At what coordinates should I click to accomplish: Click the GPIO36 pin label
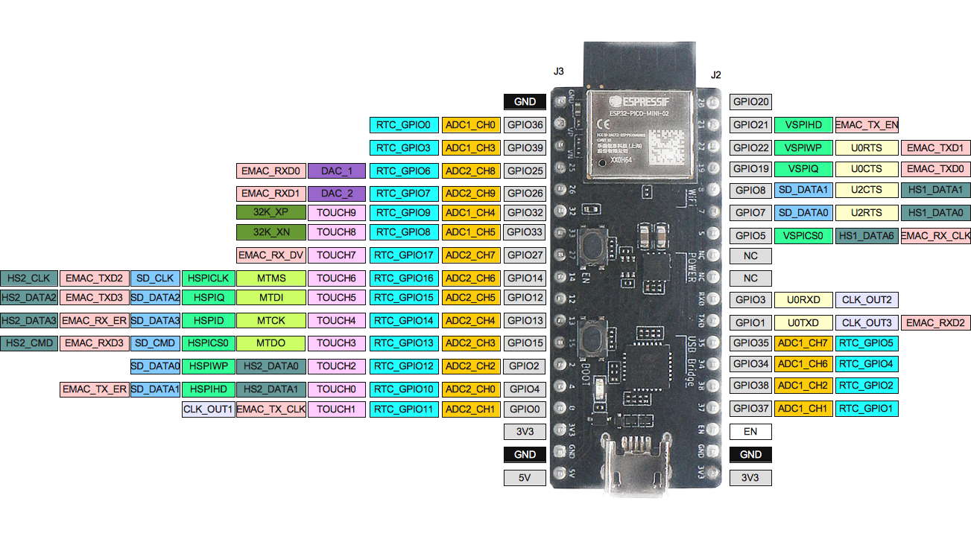525,125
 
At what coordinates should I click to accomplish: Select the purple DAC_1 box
337,171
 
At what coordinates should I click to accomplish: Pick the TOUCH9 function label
336,213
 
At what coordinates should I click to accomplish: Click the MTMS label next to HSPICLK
271,278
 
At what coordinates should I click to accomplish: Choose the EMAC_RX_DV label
271,255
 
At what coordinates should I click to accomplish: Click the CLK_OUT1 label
209,409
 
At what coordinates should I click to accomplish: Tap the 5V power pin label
525,477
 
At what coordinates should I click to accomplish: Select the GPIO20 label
750,102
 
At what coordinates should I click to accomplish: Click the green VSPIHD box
803,125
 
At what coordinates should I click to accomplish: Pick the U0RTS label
866,148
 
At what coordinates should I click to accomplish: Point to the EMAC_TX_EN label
867,125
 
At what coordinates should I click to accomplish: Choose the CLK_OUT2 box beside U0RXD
867,300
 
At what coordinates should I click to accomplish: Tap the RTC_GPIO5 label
867,343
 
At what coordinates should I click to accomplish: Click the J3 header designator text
558,71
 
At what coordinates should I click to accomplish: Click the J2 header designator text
715,75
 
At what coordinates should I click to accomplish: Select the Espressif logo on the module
638,100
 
